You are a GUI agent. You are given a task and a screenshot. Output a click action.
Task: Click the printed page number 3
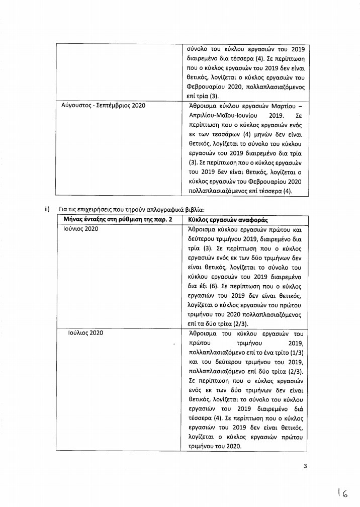point(305,466)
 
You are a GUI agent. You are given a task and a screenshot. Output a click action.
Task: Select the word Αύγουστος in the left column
point(74,106)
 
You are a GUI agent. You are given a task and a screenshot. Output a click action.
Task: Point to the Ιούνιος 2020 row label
point(81,229)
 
